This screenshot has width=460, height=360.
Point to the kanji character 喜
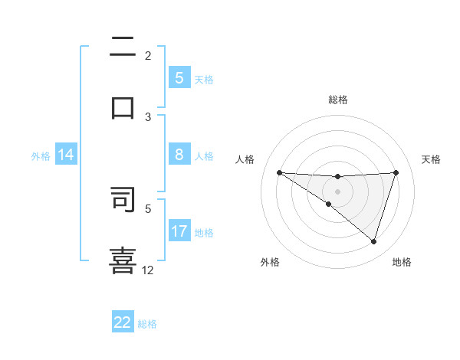coord(123,260)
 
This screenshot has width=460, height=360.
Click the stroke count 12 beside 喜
coord(148,270)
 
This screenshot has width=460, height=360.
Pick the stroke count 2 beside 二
coord(148,55)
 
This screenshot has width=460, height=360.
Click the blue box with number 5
coord(179,78)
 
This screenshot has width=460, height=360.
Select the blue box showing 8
coord(179,155)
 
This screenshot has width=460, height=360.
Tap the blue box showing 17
coord(179,231)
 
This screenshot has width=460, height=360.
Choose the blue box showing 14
coord(66,155)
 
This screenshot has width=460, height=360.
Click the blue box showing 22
coord(123,322)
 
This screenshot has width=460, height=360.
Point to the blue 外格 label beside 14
coord(41,155)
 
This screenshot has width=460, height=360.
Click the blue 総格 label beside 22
coord(147,323)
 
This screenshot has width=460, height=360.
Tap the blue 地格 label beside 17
coord(204,232)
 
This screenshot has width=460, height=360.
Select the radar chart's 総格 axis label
coord(338,100)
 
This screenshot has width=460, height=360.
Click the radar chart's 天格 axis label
coord(432,159)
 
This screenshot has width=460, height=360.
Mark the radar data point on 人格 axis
coord(279,172)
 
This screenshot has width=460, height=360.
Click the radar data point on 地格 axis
coord(374,241)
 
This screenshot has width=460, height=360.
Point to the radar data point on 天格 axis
coord(396,172)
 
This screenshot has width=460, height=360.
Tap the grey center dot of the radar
coord(338,191)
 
